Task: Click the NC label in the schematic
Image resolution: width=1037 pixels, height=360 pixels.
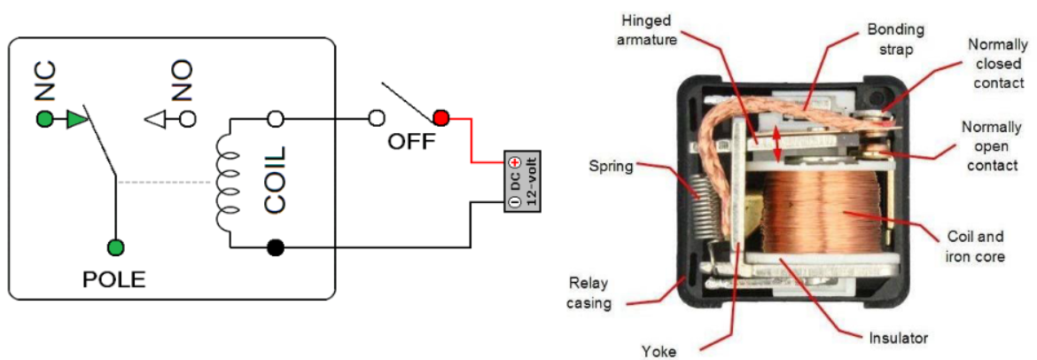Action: [x=45, y=82]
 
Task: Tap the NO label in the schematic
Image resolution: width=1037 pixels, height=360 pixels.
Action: [x=182, y=81]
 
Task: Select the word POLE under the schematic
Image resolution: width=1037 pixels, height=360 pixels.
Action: [x=114, y=280]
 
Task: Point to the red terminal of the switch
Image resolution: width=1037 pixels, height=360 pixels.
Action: [x=441, y=117]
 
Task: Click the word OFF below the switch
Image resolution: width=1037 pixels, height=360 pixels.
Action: [x=411, y=141]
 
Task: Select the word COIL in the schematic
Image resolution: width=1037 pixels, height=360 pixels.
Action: [x=276, y=181]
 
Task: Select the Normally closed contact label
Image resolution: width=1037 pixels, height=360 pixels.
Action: [x=997, y=63]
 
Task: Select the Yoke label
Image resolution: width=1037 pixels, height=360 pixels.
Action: [x=659, y=350]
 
